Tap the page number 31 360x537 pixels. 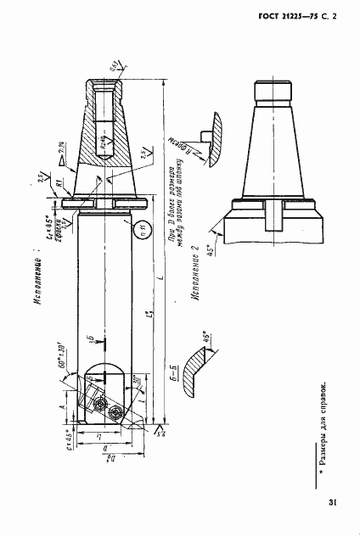tap(332, 503)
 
